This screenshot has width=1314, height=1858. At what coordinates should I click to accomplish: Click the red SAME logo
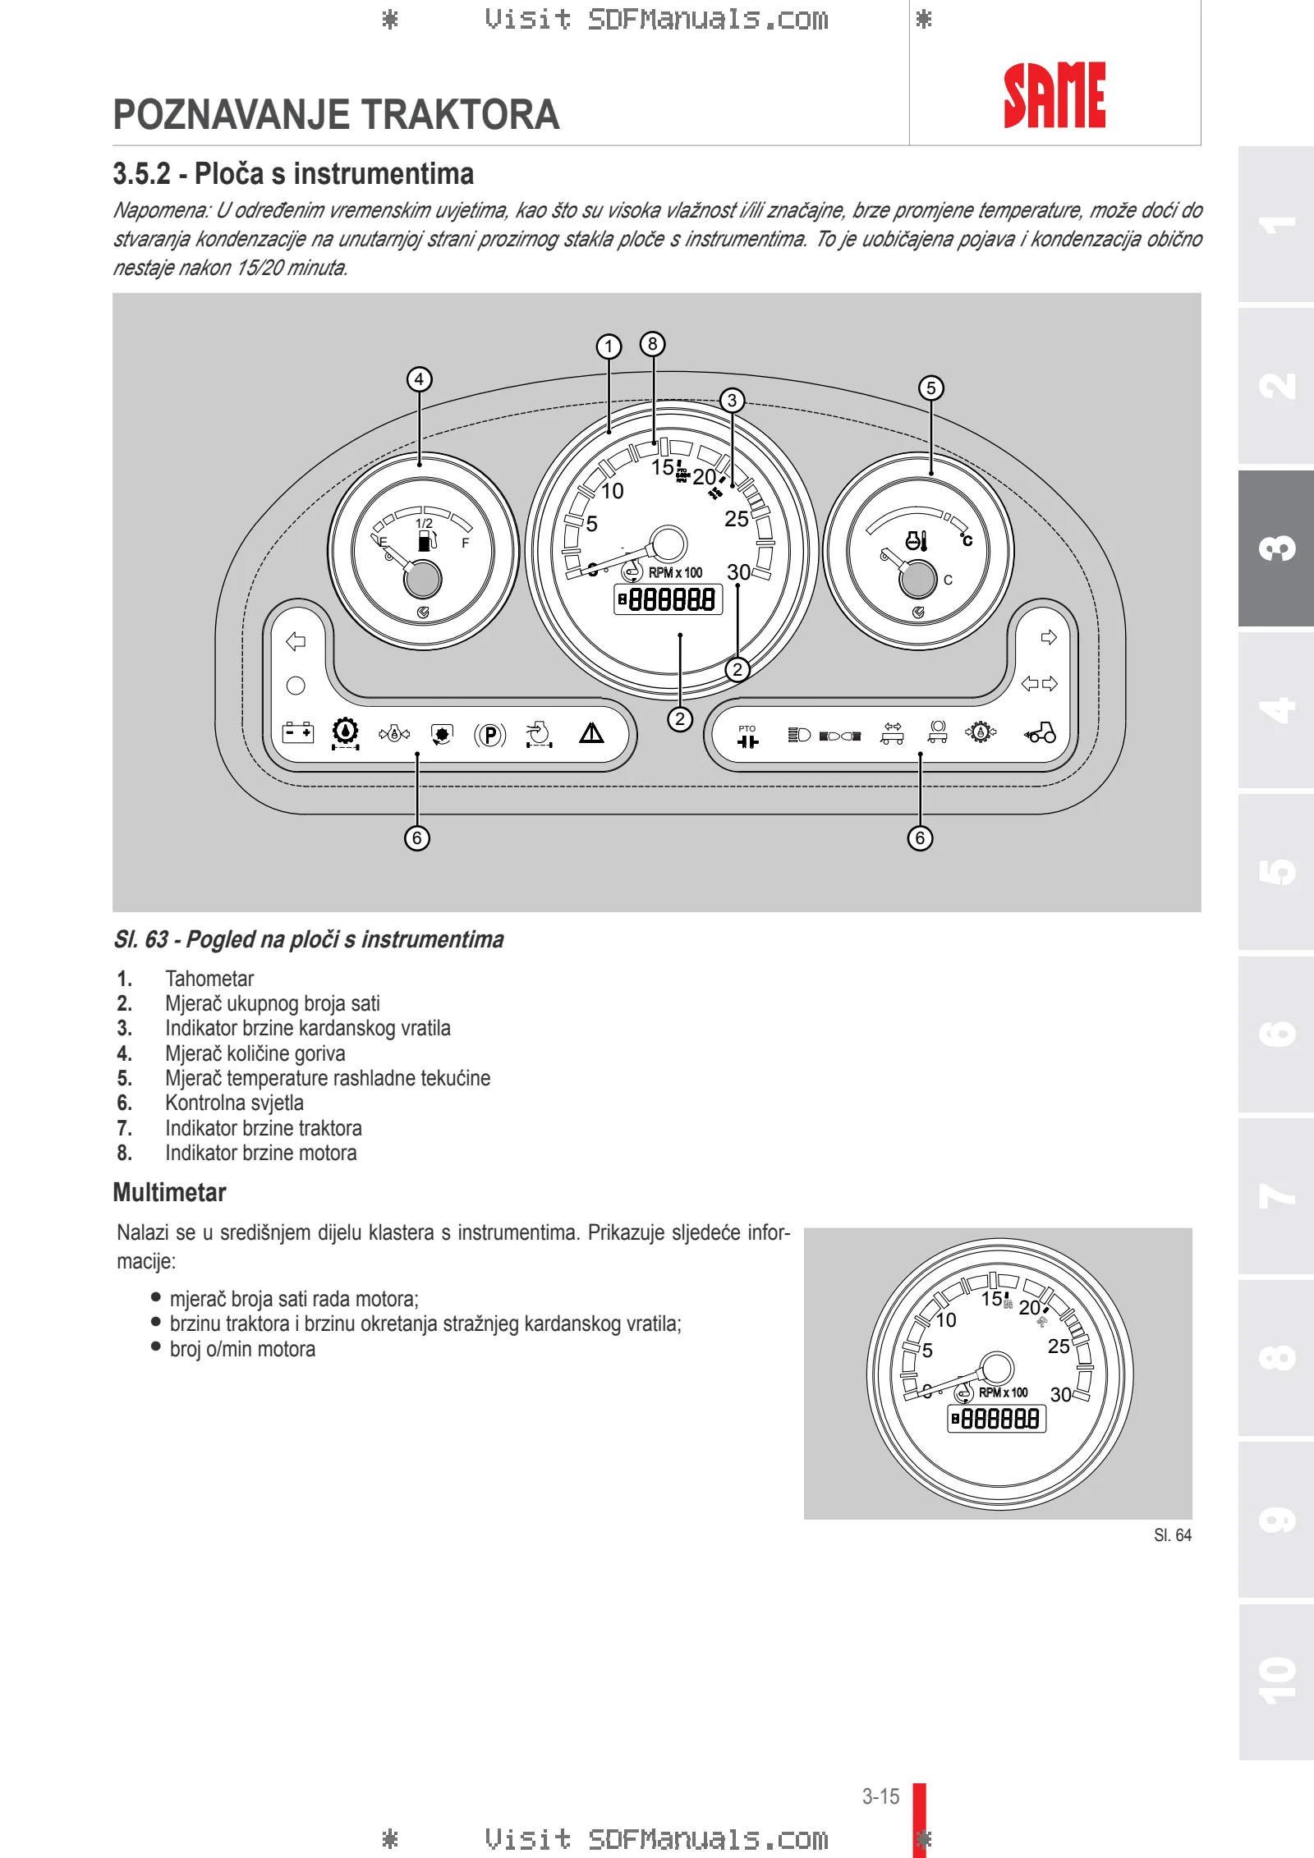1054,95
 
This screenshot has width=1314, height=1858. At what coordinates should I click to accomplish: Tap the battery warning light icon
297,732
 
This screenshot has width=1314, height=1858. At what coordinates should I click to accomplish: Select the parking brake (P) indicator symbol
490,734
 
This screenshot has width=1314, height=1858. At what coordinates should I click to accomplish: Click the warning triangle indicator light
591,732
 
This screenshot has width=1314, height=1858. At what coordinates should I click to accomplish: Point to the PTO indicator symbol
747,736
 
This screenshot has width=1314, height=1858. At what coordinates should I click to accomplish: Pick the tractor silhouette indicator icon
1041,732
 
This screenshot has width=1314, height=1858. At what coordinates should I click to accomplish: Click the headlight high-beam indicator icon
799,734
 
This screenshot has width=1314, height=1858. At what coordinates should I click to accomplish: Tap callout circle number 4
420,379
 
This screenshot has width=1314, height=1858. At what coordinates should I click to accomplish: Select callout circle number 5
930,388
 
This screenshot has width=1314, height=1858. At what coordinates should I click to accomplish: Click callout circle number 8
653,344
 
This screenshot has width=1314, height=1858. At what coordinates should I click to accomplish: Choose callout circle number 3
732,401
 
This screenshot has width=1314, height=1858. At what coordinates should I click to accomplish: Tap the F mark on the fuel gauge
466,544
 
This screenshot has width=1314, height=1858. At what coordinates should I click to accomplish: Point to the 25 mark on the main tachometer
737,519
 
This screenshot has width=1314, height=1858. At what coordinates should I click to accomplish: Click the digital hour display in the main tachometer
668,599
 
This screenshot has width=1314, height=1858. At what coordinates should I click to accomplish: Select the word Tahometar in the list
209,979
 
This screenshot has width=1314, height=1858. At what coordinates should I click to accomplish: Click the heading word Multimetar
169,1192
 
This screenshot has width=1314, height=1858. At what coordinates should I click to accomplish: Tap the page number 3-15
880,1796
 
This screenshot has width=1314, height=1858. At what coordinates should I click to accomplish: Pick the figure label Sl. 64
1173,1535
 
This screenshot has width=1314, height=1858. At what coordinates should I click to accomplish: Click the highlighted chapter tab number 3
1277,548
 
